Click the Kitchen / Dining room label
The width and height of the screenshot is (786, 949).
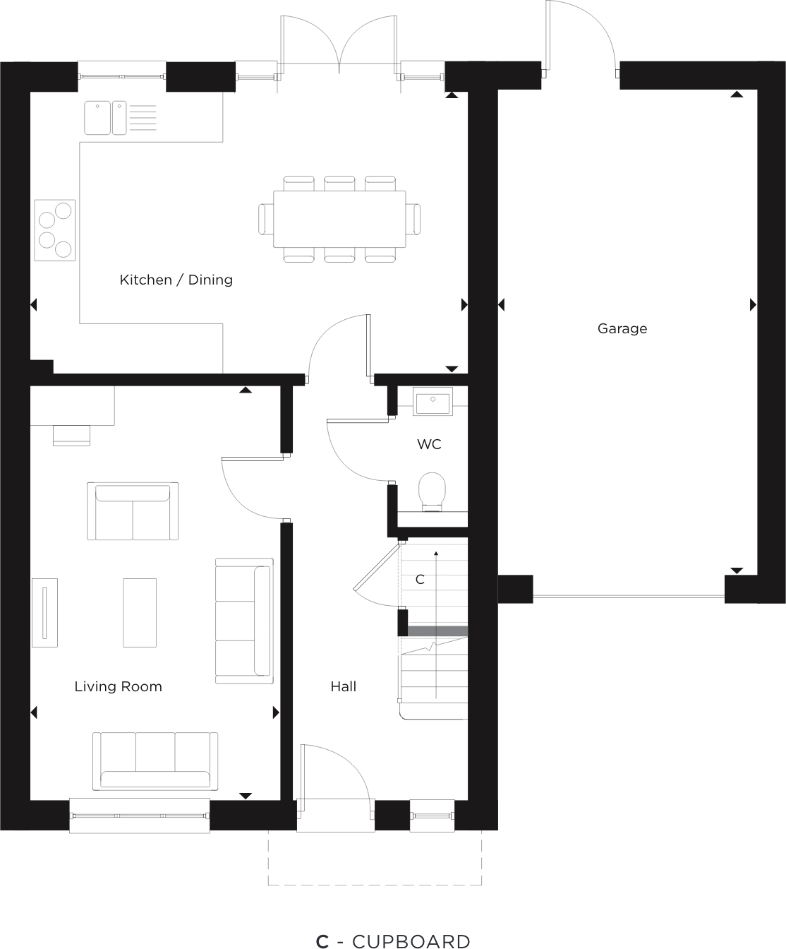pyautogui.click(x=176, y=280)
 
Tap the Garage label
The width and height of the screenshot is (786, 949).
pyautogui.click(x=622, y=328)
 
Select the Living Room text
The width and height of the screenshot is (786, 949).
pyautogui.click(x=118, y=686)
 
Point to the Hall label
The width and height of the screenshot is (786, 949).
pyautogui.click(x=343, y=686)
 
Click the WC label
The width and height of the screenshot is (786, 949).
pyautogui.click(x=429, y=444)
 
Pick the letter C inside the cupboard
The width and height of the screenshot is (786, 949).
pyautogui.click(x=420, y=580)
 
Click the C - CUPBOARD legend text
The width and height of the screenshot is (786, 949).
pyautogui.click(x=393, y=936)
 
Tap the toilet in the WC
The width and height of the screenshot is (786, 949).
pyautogui.click(x=432, y=490)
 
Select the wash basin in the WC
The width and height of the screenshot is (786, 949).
pyautogui.click(x=432, y=403)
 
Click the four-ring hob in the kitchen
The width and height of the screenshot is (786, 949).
pyautogui.click(x=55, y=229)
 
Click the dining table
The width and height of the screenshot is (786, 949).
pyautogui.click(x=339, y=219)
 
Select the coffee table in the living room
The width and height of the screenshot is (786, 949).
pyautogui.click(x=140, y=612)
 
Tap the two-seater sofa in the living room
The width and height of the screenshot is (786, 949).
pyautogui.click(x=133, y=511)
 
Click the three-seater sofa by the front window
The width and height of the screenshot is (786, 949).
pyautogui.click(x=155, y=761)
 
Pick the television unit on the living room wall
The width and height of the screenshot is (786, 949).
pyautogui.click(x=44, y=612)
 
